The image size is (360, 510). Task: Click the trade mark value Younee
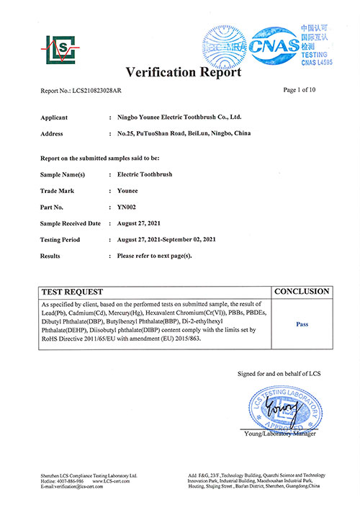click(130, 191)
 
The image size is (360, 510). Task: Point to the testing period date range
click(176, 239)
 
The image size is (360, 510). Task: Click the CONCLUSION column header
click(302, 292)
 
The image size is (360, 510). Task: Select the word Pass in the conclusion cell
click(302, 324)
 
